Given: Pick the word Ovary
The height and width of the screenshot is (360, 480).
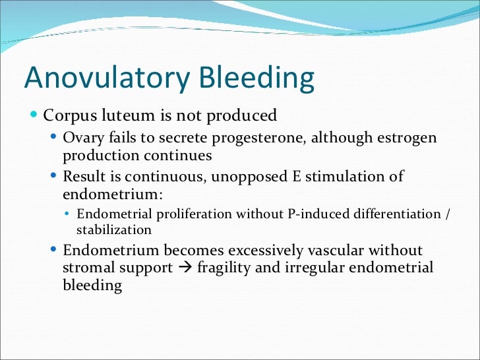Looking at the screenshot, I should [81, 138].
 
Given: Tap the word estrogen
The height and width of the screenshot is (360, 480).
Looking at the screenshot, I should [409, 138].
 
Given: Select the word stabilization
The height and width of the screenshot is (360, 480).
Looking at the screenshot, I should [114, 230].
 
